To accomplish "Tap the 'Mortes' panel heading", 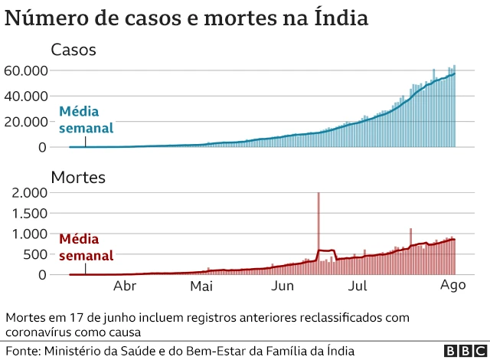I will coord(77,178).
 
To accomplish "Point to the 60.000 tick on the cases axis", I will coord(26,70).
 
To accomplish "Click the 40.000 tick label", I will coord(26,96).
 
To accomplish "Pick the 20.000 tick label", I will coord(26,121).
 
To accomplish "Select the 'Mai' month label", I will coord(201,286).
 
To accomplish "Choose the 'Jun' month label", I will coord(283,286).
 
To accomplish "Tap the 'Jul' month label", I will coord(358,286).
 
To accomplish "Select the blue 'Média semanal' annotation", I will coord(87,119).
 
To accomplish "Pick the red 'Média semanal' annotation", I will coord(87,247).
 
